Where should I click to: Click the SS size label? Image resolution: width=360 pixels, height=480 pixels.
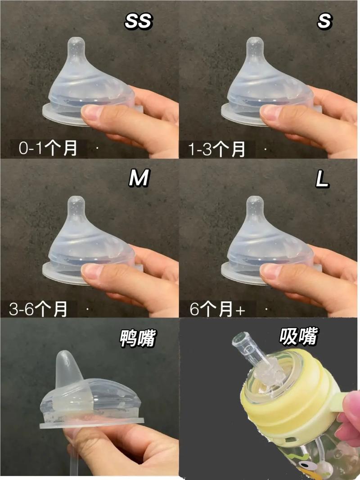coord(138,22)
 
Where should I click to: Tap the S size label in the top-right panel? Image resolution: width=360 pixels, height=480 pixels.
coord(324,22)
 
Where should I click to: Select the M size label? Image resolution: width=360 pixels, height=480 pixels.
coord(139,178)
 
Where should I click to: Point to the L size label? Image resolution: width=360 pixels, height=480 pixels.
coord(322,179)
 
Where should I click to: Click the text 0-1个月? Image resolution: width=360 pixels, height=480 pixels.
coord(48,148)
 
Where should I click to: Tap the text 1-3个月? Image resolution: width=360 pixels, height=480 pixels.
coord(216,149)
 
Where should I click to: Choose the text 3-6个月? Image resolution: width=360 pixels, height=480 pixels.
coord(38,309)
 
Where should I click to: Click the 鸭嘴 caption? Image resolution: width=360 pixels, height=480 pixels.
coord(138,338)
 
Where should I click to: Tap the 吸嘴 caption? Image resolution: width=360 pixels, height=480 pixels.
coord(298,336)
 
